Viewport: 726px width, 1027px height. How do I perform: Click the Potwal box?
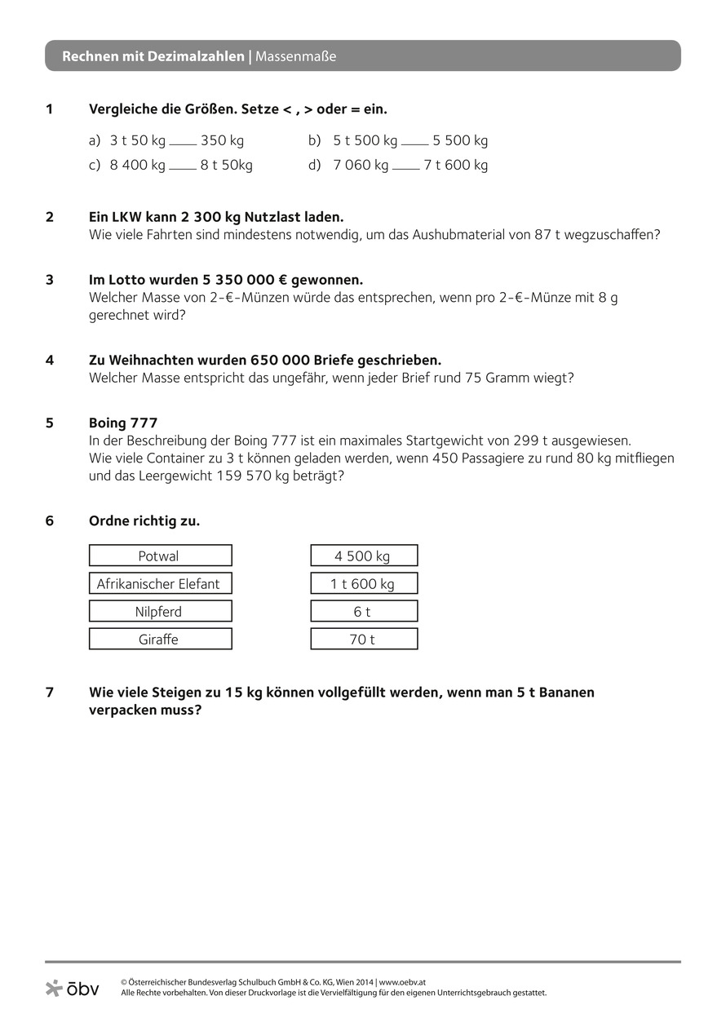pyautogui.click(x=160, y=556)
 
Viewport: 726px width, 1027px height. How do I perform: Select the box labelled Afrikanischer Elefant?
pyautogui.click(x=160, y=583)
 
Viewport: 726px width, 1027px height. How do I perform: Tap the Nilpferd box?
pyautogui.click(x=160, y=611)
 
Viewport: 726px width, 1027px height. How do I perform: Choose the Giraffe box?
pyautogui.click(x=160, y=639)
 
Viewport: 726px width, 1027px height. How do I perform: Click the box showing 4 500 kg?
pyautogui.click(x=364, y=556)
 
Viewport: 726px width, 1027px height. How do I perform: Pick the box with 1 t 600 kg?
pyautogui.click(x=364, y=583)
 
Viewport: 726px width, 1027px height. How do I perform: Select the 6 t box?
pyautogui.click(x=364, y=611)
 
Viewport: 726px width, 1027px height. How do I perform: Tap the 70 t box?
pyautogui.click(x=364, y=639)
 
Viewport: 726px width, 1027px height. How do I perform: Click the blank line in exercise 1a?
pyautogui.click(x=183, y=144)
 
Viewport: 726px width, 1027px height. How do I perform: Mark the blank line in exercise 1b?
pyautogui.click(x=415, y=144)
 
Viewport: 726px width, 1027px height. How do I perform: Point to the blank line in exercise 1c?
pyautogui.click(x=183, y=169)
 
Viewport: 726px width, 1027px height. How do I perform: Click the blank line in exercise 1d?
pyautogui.click(x=406, y=169)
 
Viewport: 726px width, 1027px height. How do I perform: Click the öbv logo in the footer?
pyautogui.click(x=73, y=989)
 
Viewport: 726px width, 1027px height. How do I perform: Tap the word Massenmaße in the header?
pyautogui.click(x=296, y=56)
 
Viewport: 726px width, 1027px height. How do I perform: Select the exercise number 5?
pyautogui.click(x=50, y=423)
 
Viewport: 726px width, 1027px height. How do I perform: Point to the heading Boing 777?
pyautogui.click(x=123, y=423)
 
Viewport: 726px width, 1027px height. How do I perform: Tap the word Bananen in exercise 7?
pyautogui.click(x=564, y=692)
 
